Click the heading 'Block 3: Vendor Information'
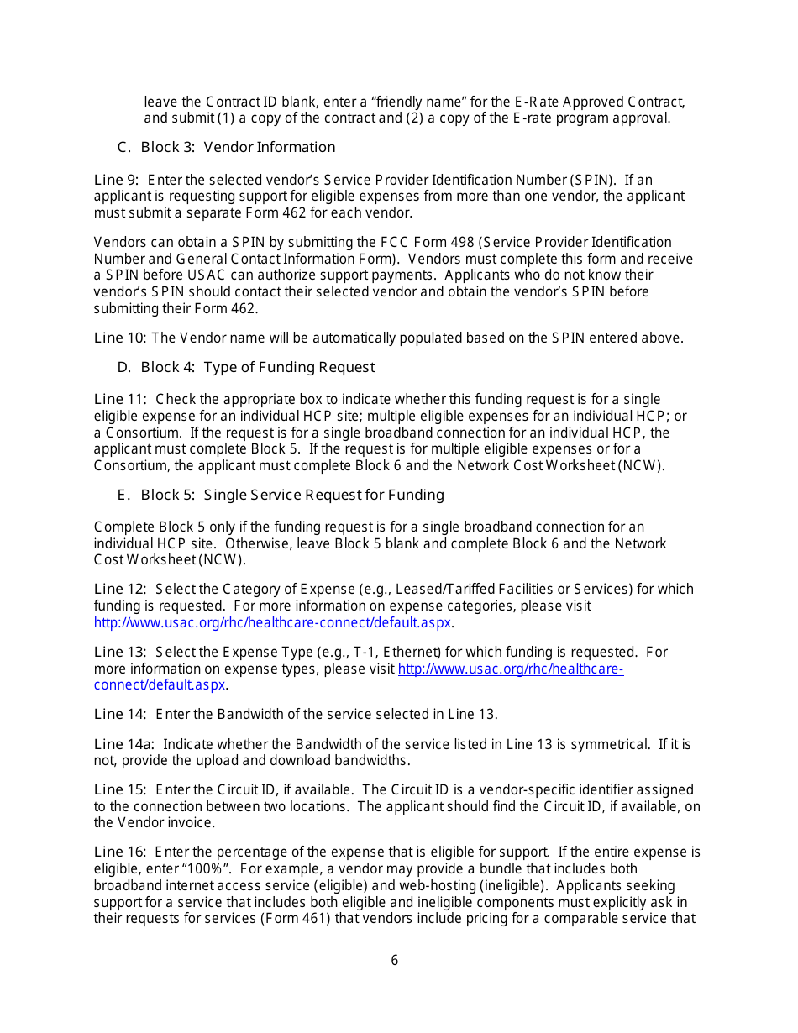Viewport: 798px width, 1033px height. tap(238, 148)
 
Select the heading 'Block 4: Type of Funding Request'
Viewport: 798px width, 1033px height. tap(257, 368)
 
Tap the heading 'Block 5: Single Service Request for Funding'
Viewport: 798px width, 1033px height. tap(292, 496)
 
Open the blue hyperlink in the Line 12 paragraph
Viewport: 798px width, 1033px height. tap(273, 623)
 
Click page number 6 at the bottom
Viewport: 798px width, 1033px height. tap(395, 961)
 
